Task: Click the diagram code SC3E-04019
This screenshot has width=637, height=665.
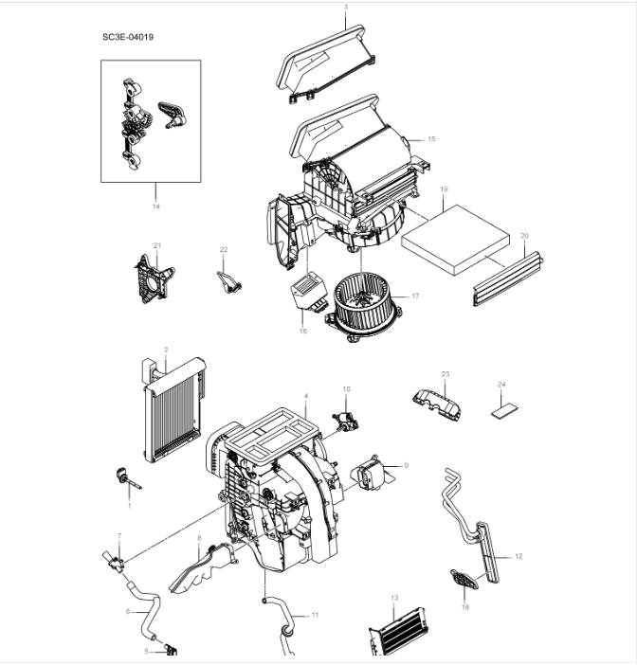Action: [x=128, y=37]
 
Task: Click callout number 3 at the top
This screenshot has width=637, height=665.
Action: [x=345, y=8]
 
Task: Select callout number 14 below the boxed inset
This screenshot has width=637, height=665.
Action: [x=155, y=204]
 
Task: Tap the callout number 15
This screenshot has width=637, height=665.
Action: [x=431, y=139]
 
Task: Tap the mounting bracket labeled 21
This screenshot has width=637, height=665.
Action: [x=154, y=276]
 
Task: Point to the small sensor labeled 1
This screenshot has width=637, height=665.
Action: [x=122, y=476]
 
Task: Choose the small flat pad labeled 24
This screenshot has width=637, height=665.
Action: [x=504, y=411]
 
